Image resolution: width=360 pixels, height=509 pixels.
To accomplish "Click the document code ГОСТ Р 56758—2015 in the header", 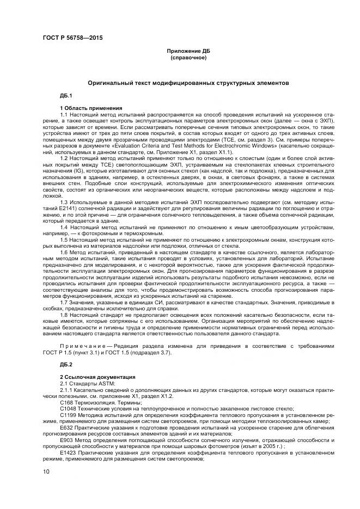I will point(72,37).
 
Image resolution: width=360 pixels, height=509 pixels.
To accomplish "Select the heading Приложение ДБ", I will point(188,51).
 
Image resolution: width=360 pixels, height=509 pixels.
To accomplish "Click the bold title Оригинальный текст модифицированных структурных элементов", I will point(188,83).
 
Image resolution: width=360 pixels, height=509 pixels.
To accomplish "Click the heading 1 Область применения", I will point(90,108).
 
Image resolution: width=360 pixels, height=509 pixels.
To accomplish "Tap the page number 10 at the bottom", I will point(46,471).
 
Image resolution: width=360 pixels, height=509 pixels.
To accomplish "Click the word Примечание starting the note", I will point(81,345).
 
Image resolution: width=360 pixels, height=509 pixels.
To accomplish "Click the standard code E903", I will point(66,440).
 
